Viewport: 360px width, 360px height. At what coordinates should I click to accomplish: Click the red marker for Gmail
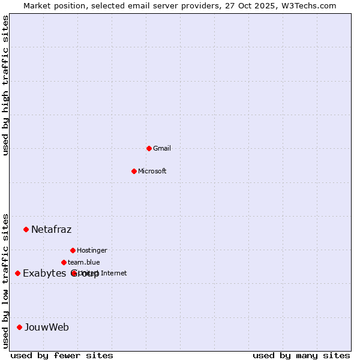149,148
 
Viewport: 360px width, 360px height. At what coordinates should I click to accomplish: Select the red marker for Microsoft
134,171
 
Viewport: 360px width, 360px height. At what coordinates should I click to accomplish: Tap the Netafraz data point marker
26,229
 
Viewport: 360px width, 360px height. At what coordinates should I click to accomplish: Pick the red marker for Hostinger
73,250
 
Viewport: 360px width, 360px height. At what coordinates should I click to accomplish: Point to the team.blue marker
64,262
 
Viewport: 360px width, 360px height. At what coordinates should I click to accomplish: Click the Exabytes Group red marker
17,273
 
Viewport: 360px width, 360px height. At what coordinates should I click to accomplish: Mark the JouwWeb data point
19,327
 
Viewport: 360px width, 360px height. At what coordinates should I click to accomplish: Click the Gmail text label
162,148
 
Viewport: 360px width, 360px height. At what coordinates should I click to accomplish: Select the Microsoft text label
152,171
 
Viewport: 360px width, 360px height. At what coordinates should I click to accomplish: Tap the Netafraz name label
51,229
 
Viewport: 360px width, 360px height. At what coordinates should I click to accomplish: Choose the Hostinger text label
92,250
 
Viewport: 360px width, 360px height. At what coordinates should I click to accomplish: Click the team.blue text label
84,262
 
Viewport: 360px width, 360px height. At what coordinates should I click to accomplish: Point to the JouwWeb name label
47,327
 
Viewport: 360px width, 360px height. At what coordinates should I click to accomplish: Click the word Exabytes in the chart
44,274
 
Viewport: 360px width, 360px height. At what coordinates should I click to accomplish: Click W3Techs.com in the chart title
307,5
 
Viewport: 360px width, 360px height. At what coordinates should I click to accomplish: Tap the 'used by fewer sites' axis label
62,355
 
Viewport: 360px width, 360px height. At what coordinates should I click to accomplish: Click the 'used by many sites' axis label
301,355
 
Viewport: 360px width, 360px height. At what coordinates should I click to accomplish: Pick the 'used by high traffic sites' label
5,85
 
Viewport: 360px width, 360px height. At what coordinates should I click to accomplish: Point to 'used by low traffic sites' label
5,281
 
